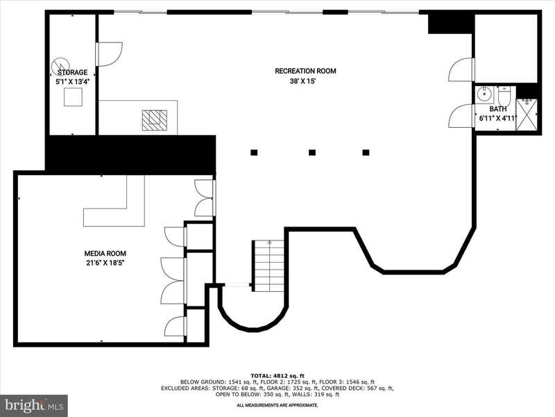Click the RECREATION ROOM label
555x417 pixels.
[305, 71]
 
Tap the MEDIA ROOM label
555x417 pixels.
[105, 254]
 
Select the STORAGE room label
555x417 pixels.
[73, 72]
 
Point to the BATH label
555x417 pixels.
[498, 109]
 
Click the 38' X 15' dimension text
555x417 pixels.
[302, 81]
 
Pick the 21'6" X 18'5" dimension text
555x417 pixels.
[105, 263]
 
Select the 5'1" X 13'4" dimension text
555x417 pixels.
[73, 81]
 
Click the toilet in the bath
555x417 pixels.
[504, 95]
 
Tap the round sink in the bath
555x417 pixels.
[483, 95]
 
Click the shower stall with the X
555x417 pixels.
[527, 115]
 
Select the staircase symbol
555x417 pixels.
[268, 265]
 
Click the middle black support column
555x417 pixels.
[311, 152]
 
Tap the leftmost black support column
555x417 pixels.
[254, 152]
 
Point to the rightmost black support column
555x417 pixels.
[366, 152]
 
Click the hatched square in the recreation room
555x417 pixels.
[154, 120]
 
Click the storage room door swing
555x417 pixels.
[110, 54]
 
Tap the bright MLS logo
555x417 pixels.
[34, 405]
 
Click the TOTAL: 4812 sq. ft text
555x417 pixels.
[277, 376]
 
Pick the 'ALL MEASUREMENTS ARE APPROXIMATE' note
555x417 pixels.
[277, 405]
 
